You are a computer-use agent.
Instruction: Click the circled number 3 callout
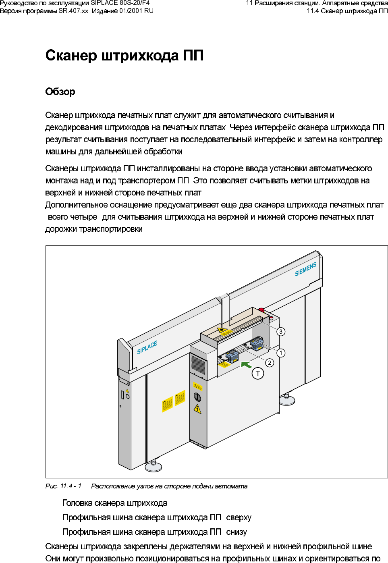(x=281, y=332)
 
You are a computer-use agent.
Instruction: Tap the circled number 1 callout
(x=281, y=353)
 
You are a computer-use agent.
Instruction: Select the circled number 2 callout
(x=270, y=363)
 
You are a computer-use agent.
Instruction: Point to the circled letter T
(x=258, y=374)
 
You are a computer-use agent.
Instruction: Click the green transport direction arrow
(x=246, y=365)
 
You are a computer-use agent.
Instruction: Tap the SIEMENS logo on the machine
(x=305, y=269)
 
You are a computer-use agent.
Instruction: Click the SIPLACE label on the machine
(x=147, y=347)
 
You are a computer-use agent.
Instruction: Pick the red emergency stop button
(x=261, y=310)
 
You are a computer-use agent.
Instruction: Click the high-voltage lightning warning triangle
(x=197, y=409)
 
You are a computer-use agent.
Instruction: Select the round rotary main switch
(x=197, y=397)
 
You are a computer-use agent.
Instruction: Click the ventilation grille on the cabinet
(x=198, y=364)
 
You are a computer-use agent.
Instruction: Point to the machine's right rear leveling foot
(x=287, y=400)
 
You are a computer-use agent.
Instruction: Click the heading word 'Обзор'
(x=60, y=92)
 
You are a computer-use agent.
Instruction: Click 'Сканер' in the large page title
(x=71, y=56)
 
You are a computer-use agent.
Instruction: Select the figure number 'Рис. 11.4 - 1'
(x=63, y=486)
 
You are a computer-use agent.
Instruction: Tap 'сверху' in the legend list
(x=239, y=517)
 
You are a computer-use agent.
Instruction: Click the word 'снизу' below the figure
(x=237, y=532)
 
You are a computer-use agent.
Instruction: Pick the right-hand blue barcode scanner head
(x=257, y=344)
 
